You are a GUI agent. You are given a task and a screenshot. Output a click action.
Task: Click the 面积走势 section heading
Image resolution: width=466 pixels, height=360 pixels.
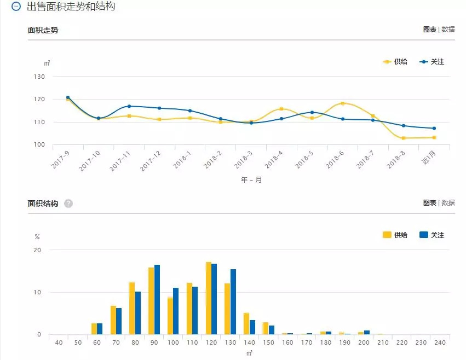[x=43, y=30]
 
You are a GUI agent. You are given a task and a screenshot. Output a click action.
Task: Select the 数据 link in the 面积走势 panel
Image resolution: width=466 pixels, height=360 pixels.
[x=448, y=30]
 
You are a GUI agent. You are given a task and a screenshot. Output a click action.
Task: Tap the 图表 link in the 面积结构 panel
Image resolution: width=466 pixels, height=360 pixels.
[x=429, y=203]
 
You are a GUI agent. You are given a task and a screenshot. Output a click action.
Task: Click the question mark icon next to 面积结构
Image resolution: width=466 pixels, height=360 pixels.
[x=68, y=204]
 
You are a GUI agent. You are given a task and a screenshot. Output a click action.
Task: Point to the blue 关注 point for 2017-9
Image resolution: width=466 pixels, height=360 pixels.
[x=68, y=97]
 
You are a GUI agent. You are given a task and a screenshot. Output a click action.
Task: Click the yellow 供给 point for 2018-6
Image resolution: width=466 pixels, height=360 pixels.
[x=343, y=103]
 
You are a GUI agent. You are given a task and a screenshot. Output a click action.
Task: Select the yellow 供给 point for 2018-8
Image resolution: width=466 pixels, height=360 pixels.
[x=404, y=138]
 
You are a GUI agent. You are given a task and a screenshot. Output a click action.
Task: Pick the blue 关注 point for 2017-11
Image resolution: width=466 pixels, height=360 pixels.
[x=129, y=106]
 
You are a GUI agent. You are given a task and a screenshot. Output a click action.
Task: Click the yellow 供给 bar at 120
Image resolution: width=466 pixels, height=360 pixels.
[x=208, y=299]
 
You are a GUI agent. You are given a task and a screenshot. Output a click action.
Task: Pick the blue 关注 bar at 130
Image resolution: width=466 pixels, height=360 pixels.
[x=233, y=302]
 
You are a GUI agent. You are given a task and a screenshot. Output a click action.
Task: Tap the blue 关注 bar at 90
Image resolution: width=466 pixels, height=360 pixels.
[x=157, y=300]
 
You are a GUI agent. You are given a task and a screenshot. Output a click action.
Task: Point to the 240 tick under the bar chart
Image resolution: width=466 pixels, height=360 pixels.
[x=440, y=343]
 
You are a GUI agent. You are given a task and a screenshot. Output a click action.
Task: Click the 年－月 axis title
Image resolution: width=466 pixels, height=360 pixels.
[x=251, y=180]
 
